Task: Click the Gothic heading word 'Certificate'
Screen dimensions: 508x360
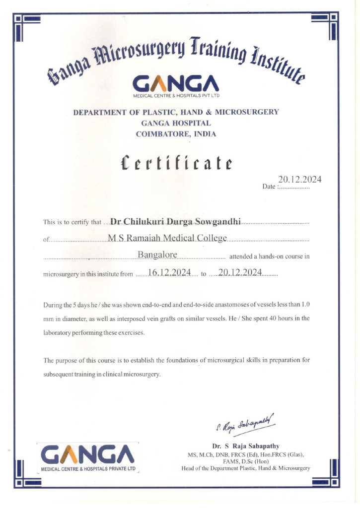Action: (177, 163)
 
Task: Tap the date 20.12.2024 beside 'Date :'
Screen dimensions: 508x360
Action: (299, 180)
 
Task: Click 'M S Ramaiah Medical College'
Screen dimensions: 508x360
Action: (167, 238)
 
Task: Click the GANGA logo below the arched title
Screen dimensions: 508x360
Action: (176, 83)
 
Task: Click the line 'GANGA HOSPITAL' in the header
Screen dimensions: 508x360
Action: (176, 123)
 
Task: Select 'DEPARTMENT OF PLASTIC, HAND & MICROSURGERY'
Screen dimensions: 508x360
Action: (176, 112)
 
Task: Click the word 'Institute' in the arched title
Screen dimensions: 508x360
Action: (281, 66)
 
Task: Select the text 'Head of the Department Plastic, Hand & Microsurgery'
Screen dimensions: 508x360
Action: (246, 468)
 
